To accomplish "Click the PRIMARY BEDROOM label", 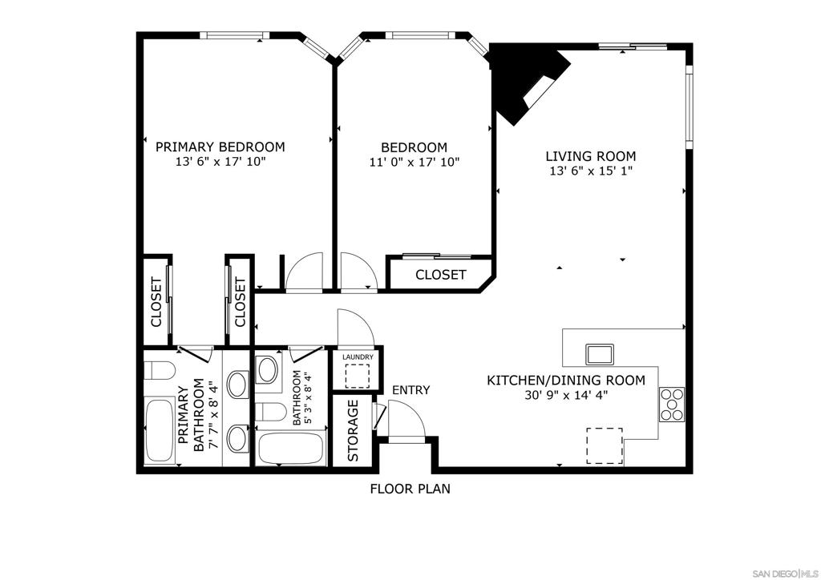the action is click(220, 147).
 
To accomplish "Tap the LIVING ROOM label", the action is click(591, 156).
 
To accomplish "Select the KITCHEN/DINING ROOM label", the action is click(566, 381).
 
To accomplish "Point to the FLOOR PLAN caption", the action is click(410, 489).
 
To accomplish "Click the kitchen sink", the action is click(600, 354).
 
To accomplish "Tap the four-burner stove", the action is click(672, 404).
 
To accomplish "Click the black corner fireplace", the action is click(529, 83).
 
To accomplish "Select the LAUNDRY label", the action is click(358, 357).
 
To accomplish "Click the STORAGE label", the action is click(353, 430).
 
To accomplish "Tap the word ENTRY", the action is click(411, 390).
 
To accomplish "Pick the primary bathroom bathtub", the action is click(160, 430).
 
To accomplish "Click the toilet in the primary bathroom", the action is click(159, 370).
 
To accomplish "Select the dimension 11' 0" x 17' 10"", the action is click(415, 162).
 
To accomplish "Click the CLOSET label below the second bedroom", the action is click(440, 275).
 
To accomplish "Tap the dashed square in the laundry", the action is click(357, 376).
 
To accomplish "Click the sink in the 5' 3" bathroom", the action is click(268, 369).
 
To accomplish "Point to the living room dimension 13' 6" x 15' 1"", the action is click(591, 171).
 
